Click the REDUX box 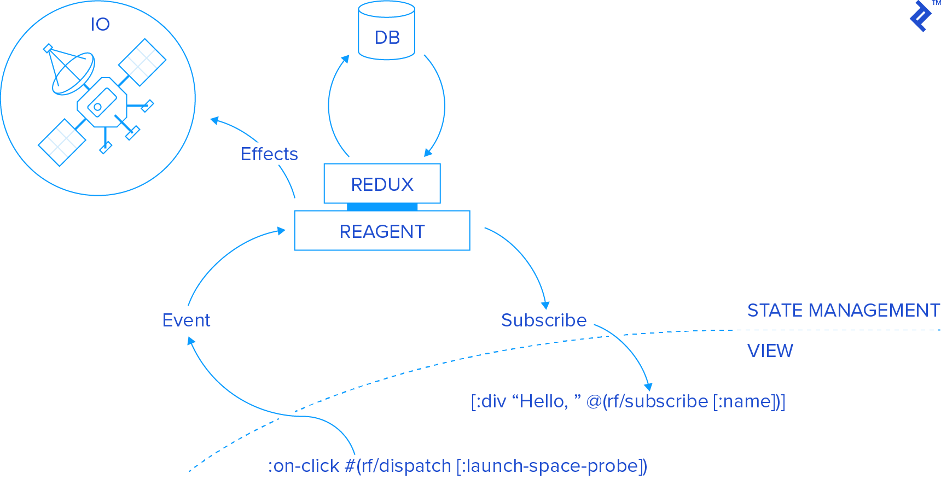coord(382,184)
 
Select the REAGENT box coord(382,231)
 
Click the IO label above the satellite coord(100,24)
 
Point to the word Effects coord(269,154)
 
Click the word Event coord(186,320)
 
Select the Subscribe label coord(544,320)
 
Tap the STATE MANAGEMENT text coord(843,311)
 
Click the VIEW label coord(770,351)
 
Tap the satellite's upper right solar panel coord(143,62)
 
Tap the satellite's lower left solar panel coord(62,142)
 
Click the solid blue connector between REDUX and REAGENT coord(382,207)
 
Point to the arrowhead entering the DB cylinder coord(346,59)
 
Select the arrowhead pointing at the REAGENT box coord(281,231)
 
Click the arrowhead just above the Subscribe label coord(545,305)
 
